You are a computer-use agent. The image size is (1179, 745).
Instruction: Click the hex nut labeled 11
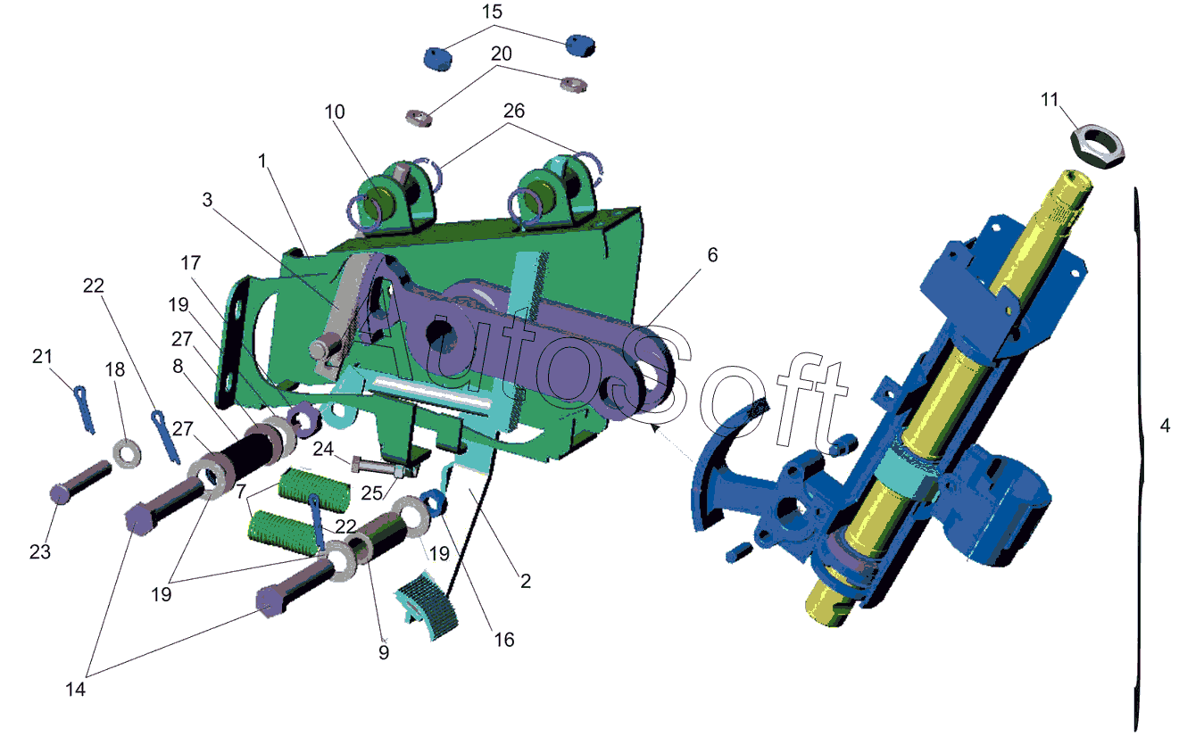point(1098,146)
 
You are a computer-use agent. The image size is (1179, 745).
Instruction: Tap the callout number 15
point(492,12)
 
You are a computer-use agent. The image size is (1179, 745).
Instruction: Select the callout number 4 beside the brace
point(1165,426)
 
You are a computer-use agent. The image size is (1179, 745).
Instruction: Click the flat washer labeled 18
point(127,453)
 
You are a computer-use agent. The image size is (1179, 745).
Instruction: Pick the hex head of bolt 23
point(60,494)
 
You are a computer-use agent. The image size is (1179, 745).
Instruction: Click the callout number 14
point(75,689)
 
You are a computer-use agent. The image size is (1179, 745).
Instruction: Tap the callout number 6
point(712,255)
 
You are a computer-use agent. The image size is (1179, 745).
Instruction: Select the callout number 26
point(514,111)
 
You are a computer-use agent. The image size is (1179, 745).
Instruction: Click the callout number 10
point(334,112)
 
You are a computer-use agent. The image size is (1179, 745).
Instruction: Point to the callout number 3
point(207,200)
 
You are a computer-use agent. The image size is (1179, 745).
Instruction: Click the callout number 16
point(503,640)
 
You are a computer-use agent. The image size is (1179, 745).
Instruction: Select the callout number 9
point(384,652)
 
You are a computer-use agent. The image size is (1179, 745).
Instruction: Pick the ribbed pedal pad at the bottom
point(428,605)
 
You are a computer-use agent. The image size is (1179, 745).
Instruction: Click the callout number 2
point(526,582)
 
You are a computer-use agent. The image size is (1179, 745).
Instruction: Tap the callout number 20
point(501,54)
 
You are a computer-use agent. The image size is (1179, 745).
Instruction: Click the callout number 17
point(190,262)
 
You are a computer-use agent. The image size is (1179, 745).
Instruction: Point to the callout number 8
point(178,366)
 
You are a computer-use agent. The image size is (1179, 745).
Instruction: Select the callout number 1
point(262,161)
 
